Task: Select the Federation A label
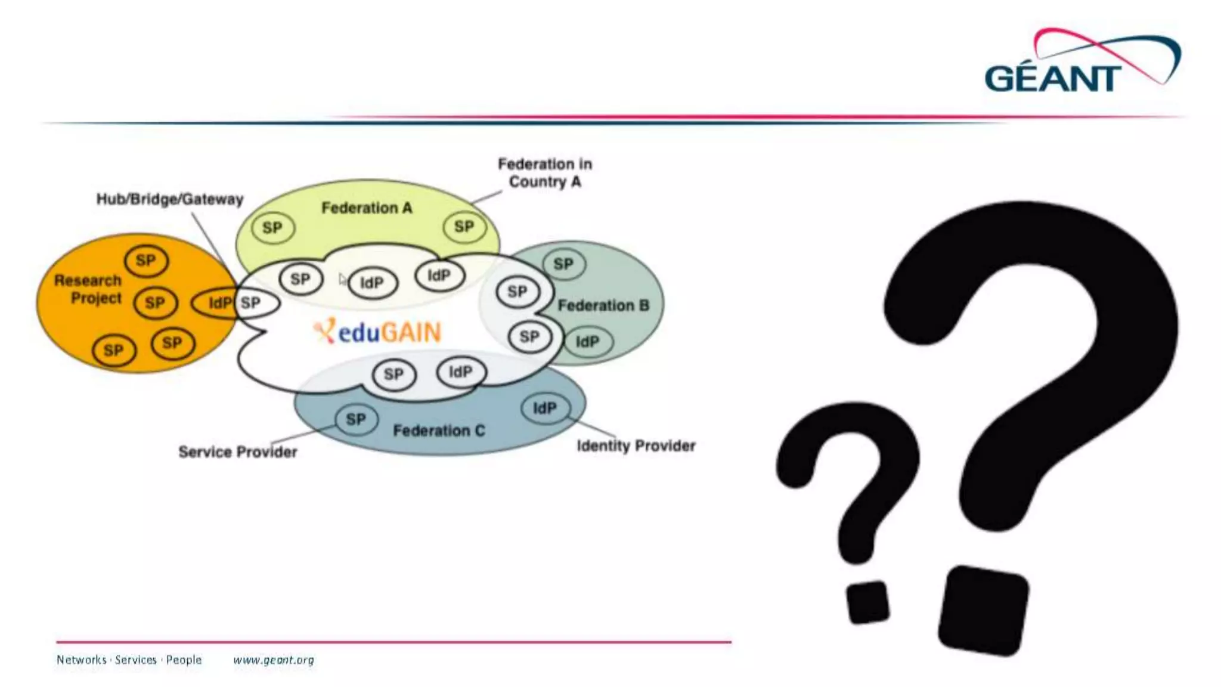coord(367,208)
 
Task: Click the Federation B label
coord(603,306)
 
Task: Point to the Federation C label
coord(439,431)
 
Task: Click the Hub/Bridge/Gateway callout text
coord(170,199)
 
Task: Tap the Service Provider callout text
coord(237,452)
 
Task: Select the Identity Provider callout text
coord(636,446)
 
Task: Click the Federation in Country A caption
coord(545,173)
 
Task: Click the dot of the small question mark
coord(867,602)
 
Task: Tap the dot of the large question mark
coord(983,611)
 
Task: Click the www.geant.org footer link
coord(274,660)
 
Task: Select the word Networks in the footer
coord(81,660)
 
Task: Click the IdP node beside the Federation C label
coord(544,409)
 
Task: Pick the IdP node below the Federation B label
coord(587,342)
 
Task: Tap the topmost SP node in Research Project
coord(146,261)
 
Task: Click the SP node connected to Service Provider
coord(356,420)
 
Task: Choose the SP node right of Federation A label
coord(464,227)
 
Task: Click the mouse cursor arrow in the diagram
coord(342,279)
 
